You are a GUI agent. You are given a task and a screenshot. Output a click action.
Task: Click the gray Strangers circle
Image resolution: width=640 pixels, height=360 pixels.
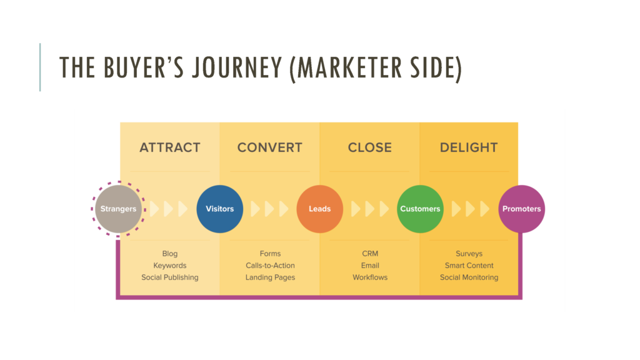119,209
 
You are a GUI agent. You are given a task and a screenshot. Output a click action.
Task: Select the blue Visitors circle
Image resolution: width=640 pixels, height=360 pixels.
220,209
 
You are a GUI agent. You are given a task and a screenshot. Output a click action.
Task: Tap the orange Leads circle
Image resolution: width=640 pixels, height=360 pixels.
320,209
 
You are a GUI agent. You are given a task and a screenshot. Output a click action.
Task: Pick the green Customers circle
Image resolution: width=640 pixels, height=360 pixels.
420,209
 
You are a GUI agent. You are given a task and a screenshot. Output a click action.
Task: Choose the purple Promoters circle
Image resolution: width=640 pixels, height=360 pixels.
521,209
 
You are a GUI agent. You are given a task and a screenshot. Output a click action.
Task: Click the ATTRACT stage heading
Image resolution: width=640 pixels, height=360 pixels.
170,148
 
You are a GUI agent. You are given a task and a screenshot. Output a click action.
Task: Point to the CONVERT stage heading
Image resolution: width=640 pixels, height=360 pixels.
270,148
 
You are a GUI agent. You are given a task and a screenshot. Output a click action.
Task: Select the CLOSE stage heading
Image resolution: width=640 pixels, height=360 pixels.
370,148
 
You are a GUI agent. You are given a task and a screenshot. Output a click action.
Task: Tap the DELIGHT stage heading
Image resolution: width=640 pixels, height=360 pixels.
469,148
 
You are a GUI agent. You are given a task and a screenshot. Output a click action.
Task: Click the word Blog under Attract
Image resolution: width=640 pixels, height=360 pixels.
170,254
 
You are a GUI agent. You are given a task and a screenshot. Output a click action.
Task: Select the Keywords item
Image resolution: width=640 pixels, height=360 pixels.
170,266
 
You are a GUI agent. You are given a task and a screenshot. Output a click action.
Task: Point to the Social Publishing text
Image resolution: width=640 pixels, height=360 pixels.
170,277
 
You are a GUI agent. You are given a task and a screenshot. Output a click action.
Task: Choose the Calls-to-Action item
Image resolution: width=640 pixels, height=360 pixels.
270,266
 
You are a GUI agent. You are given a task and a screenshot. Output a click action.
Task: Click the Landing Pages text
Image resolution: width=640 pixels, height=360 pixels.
270,277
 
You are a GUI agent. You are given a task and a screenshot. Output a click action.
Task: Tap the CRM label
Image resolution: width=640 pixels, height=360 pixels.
370,254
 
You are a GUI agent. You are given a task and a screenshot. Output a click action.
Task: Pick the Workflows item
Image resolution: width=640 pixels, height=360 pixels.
370,277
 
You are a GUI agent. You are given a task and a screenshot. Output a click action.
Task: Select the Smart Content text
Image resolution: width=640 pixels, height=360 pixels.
469,266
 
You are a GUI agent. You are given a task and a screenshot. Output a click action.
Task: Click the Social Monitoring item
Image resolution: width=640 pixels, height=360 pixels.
469,277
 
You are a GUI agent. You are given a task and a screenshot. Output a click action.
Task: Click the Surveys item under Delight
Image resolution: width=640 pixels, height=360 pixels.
469,254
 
